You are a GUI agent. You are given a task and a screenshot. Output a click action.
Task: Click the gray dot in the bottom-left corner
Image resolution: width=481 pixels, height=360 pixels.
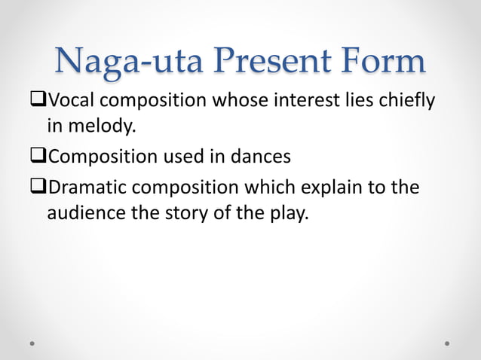coord(34,343)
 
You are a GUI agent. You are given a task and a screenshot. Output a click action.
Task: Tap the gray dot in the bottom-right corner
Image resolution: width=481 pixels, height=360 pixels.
coord(447,343)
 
